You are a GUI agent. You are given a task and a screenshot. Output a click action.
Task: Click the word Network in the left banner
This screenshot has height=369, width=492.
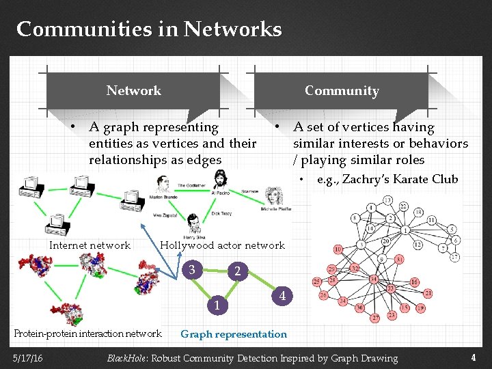133,90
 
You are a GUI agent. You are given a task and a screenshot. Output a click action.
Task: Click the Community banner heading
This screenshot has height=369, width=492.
341,90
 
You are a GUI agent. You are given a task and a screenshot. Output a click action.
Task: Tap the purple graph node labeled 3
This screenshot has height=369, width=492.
195,269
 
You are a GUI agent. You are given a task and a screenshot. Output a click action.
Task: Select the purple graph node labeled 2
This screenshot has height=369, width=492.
237,271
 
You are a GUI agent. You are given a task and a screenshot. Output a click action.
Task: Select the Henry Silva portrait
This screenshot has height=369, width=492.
194,224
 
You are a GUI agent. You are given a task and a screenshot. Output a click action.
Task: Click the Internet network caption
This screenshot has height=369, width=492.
90,245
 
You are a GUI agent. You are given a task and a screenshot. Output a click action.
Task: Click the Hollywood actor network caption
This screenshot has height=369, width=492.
222,245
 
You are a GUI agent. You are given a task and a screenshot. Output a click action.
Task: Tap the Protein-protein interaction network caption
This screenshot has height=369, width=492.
87,333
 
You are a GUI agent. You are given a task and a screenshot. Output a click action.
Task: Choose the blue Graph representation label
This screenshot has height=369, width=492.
234,334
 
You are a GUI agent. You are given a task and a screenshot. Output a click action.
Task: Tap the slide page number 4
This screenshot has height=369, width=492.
473,357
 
